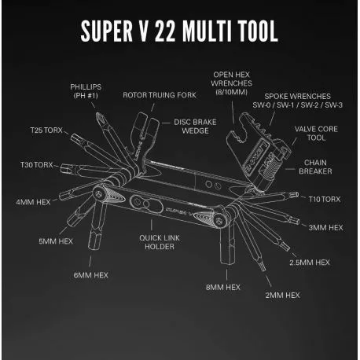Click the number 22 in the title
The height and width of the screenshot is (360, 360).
[x=165, y=31]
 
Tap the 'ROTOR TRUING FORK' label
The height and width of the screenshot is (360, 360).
[x=160, y=95]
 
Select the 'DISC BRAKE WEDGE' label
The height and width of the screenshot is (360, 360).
[x=195, y=127]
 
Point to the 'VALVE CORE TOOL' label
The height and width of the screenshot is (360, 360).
[x=316, y=134]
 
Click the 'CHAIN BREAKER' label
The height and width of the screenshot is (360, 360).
[x=315, y=167]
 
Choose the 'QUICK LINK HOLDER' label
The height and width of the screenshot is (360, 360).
[x=160, y=242]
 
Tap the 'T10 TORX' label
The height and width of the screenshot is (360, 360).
[x=325, y=200]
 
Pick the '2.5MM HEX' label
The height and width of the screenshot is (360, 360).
[x=310, y=263]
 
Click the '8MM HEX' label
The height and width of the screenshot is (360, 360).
[x=223, y=288]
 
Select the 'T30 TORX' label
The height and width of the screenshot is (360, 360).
[x=37, y=165]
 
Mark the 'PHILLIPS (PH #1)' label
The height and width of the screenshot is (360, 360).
[x=86, y=91]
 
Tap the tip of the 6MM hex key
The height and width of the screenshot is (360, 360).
[x=94, y=248]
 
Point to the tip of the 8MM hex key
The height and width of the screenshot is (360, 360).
[x=227, y=263]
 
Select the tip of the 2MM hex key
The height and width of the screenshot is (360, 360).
[x=263, y=269]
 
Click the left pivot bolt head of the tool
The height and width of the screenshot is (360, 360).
[x=98, y=194]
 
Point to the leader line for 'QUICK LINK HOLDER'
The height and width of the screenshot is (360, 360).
[x=152, y=225]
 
